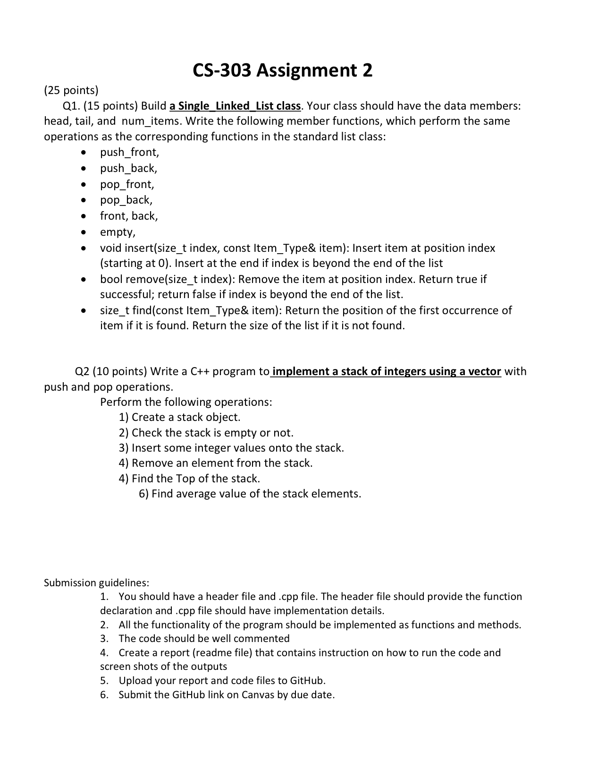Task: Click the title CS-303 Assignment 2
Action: coord(282,70)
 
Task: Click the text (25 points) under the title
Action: coord(71,90)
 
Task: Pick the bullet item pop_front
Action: coord(127,184)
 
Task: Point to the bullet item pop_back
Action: coord(126,200)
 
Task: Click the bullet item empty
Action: coord(118,232)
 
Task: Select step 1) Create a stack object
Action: coord(179,417)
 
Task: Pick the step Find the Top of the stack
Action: coord(195,479)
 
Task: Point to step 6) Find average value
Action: coord(250,494)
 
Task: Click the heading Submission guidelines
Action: coord(96,582)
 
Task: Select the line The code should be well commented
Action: coord(204,639)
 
